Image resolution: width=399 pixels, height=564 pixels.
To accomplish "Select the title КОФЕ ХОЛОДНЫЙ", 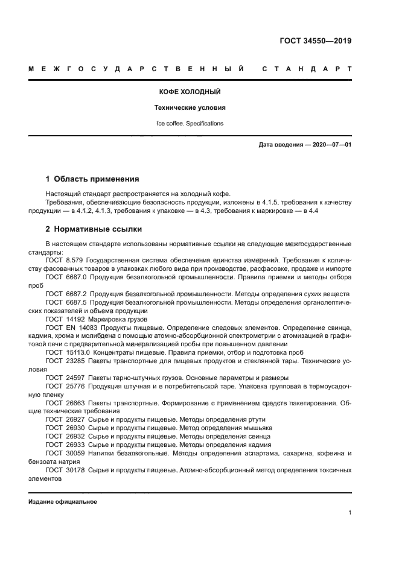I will point(190,92).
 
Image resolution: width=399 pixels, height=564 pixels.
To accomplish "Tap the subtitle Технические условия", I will point(190,108).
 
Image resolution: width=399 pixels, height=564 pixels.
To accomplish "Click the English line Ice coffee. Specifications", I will point(190,124).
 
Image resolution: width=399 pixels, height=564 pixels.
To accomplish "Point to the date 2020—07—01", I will point(331,145).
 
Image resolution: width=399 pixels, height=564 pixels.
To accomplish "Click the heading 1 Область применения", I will point(92,179).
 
